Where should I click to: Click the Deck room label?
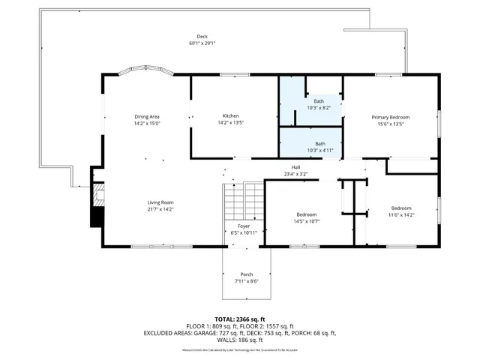202,37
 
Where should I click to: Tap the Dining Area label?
147,116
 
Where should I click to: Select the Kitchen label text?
230,115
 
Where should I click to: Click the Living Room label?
160,202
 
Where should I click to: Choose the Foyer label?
244,226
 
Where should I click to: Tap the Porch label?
247,274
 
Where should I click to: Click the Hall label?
295,167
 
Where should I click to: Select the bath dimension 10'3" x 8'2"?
319,107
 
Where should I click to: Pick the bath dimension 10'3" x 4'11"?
319,150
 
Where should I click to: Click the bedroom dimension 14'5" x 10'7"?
306,221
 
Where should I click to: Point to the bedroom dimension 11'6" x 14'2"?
400,214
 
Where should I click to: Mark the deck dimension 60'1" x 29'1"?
202,43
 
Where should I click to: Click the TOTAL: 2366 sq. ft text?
239,319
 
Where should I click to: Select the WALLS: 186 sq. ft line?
240,340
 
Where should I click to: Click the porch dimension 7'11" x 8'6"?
247,281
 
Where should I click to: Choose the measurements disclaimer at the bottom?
240,350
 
